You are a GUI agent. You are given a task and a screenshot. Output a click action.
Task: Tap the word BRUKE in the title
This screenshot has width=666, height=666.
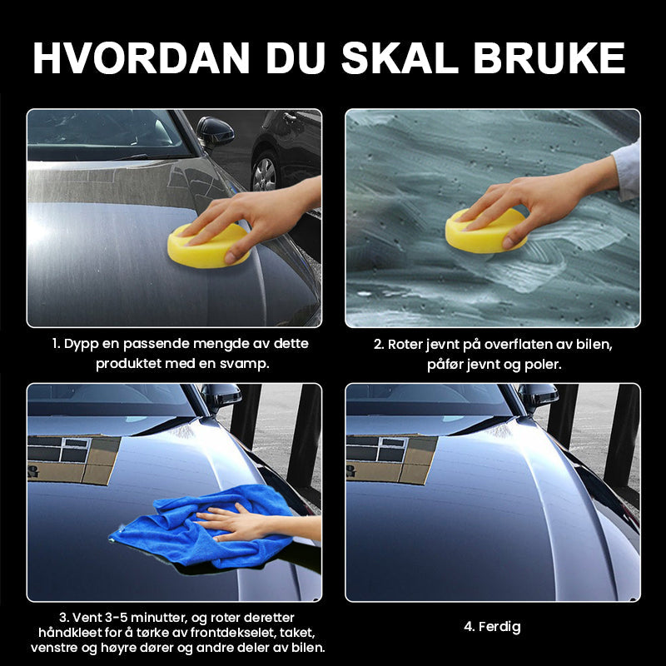pos(549,58)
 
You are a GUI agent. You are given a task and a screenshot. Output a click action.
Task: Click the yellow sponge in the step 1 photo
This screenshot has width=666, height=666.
pos(208,246)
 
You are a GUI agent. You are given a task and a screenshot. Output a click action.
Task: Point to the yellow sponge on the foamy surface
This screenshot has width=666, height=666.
pos(485,231)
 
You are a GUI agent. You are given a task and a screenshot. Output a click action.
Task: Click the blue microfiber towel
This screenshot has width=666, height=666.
pos(204,527)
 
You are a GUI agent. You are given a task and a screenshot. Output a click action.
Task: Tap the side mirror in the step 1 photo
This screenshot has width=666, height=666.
pos(215,132)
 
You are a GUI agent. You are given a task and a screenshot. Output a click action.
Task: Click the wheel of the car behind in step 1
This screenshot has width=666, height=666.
pos(265,173)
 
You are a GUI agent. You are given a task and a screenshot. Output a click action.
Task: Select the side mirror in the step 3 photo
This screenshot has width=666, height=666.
pos(221,397)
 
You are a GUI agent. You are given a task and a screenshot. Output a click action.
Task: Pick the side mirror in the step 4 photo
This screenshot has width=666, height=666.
pos(538,397)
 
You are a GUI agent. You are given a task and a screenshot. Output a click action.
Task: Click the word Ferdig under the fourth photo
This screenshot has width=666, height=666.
pos(499,627)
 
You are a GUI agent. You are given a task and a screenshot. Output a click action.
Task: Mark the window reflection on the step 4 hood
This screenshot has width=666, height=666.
pos(390,460)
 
